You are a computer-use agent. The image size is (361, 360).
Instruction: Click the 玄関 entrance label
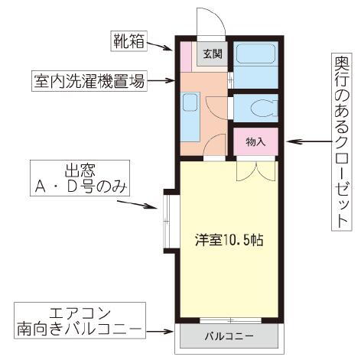pyautogui.click(x=211, y=54)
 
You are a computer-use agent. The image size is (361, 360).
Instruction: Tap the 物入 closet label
pyautogui.click(x=255, y=142)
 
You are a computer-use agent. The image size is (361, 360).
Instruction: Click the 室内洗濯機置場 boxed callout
pyautogui.click(x=89, y=79)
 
